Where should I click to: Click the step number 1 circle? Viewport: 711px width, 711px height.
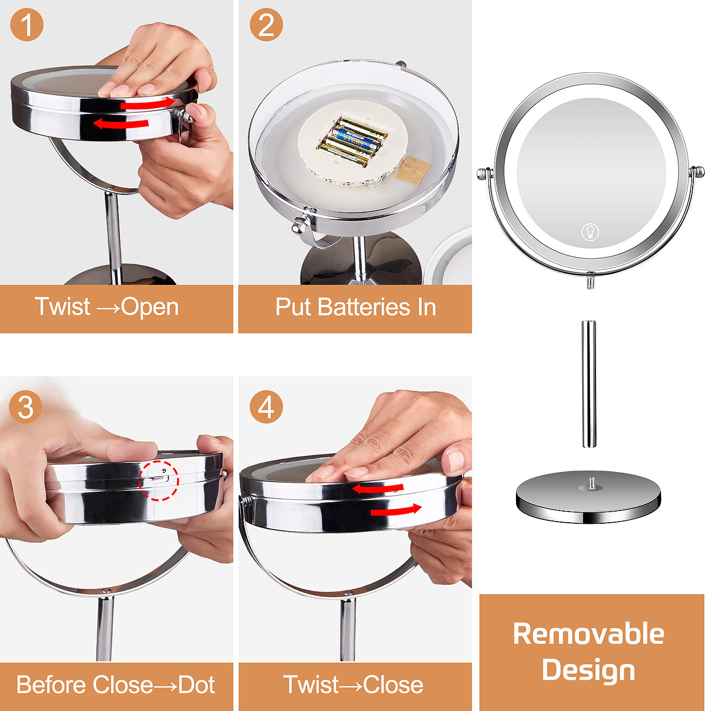click(x=27, y=25)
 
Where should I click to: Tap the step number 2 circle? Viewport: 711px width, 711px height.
click(x=266, y=25)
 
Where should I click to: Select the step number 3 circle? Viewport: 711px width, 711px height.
click(x=26, y=407)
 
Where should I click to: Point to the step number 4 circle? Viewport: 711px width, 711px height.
click(x=266, y=407)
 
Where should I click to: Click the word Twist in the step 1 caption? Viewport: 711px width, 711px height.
click(x=62, y=307)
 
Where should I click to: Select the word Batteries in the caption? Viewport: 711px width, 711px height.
click(x=364, y=307)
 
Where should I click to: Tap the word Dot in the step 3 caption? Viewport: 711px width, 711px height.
click(x=197, y=685)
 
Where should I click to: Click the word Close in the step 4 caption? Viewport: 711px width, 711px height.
click(x=393, y=685)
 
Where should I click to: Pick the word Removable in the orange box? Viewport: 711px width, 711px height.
click(x=588, y=634)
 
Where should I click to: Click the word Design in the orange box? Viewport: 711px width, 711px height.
click(x=588, y=670)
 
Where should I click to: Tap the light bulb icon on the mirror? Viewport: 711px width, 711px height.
click(x=590, y=232)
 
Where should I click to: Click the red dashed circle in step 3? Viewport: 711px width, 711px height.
click(x=159, y=480)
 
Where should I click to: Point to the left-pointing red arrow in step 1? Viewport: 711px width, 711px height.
click(x=121, y=123)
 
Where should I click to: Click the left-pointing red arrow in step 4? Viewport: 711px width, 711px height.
click(x=378, y=488)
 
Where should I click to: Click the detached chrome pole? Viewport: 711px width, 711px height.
click(x=588, y=384)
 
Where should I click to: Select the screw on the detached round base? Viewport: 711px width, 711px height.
click(x=592, y=482)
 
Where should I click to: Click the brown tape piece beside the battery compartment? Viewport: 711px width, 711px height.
click(x=413, y=169)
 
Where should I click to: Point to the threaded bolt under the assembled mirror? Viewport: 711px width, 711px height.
click(x=590, y=282)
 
